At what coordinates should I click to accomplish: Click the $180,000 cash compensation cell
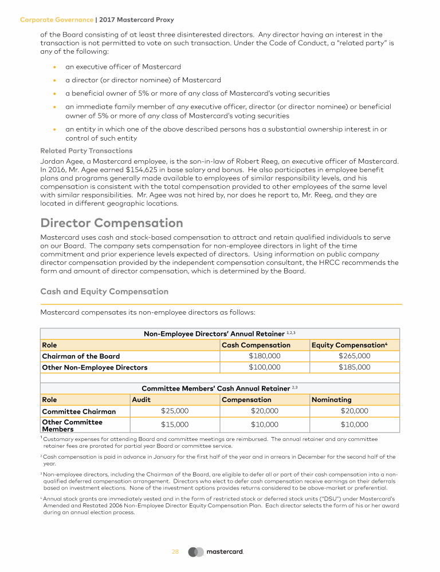(265, 356)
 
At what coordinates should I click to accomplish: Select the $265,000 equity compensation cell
(354, 356)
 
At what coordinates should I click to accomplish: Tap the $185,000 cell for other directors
(354, 367)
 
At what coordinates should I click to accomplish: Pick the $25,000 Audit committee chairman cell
(175, 411)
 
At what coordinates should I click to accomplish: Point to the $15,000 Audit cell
(175, 424)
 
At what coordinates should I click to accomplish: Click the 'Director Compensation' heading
(112, 223)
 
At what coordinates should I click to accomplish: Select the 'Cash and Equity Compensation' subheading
(104, 292)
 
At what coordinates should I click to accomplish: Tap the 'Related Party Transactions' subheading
(87, 151)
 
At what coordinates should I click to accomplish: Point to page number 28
(175, 552)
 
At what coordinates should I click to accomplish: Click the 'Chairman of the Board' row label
(81, 356)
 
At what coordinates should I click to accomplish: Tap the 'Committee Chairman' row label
(78, 411)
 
